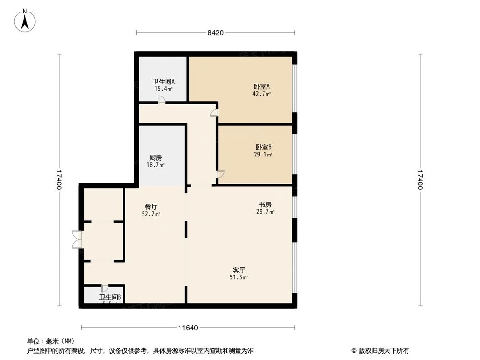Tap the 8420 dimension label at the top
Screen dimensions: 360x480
[216, 33]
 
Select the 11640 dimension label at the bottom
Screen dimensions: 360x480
[188, 328]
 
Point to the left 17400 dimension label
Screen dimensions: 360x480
[59, 180]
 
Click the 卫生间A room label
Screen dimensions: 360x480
[163, 82]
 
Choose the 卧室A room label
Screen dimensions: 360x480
[262, 87]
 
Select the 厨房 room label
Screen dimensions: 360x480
[156, 157]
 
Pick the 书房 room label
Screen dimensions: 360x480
[264, 204]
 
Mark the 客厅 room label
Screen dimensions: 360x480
[239, 270]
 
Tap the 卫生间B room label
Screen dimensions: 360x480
[110, 298]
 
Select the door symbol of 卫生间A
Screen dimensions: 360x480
[162, 99]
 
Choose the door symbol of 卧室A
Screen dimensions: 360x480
[214, 113]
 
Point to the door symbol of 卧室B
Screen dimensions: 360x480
[220, 174]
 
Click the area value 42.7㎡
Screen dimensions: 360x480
[262, 94]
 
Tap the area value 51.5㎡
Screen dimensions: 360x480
[239, 277]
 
